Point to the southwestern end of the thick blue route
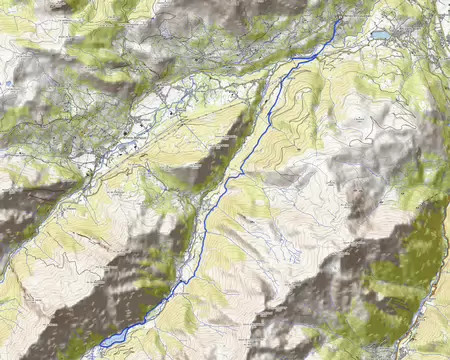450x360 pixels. point(100,345)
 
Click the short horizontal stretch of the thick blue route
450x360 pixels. point(305,59)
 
